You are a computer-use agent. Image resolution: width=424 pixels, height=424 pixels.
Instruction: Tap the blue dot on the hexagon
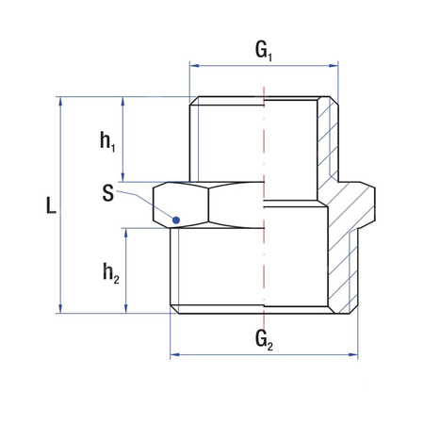[x=175, y=220]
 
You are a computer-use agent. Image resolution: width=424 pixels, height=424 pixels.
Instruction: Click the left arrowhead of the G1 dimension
[x=194, y=66]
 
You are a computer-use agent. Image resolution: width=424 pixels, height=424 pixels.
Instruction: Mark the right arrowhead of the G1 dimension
[x=334, y=66]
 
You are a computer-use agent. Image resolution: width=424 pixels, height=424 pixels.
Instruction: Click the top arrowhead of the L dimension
[x=61, y=101]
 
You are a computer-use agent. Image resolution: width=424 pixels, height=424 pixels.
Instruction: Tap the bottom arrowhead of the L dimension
[x=61, y=308]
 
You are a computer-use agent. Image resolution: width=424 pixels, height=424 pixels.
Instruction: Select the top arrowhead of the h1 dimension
[x=123, y=101]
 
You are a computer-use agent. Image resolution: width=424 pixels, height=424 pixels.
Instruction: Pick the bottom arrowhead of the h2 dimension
[x=123, y=308]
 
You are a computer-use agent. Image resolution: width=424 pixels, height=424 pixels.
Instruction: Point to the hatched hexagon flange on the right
[x=358, y=203]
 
